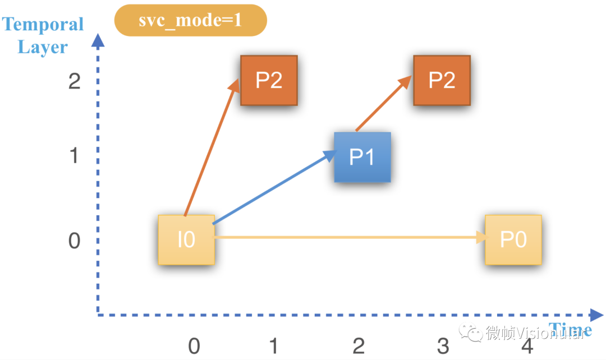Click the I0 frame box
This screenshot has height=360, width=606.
click(186, 240)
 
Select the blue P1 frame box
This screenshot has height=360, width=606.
click(362, 157)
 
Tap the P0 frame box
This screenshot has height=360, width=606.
click(513, 240)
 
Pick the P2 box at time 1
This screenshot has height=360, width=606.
click(269, 80)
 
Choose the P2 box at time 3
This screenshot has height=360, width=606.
click(442, 80)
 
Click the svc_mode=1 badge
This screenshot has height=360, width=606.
click(191, 21)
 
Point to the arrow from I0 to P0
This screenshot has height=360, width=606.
click(351, 237)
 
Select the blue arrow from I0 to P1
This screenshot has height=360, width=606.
click(274, 187)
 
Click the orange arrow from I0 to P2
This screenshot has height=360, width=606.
click(212, 147)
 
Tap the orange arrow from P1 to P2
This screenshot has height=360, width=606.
click(383, 103)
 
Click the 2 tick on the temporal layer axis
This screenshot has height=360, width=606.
click(74, 81)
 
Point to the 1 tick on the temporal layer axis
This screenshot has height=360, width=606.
click(74, 156)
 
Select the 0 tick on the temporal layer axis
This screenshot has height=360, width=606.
click(74, 241)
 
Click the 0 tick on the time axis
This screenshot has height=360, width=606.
click(194, 346)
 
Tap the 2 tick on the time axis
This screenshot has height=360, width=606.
click(359, 346)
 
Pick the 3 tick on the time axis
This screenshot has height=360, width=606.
click(443, 346)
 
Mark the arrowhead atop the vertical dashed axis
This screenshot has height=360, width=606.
click(98, 40)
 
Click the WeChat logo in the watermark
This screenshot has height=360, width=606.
click(470, 332)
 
